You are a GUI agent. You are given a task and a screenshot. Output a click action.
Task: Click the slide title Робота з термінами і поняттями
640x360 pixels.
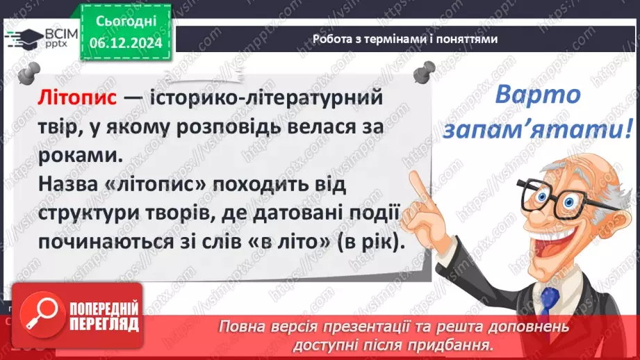pyautogui.click(x=405, y=40)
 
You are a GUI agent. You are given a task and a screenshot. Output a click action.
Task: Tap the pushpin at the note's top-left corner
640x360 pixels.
pyautogui.click(x=30, y=72)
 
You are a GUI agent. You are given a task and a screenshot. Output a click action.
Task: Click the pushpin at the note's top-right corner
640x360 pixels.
pyautogui.click(x=423, y=72)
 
